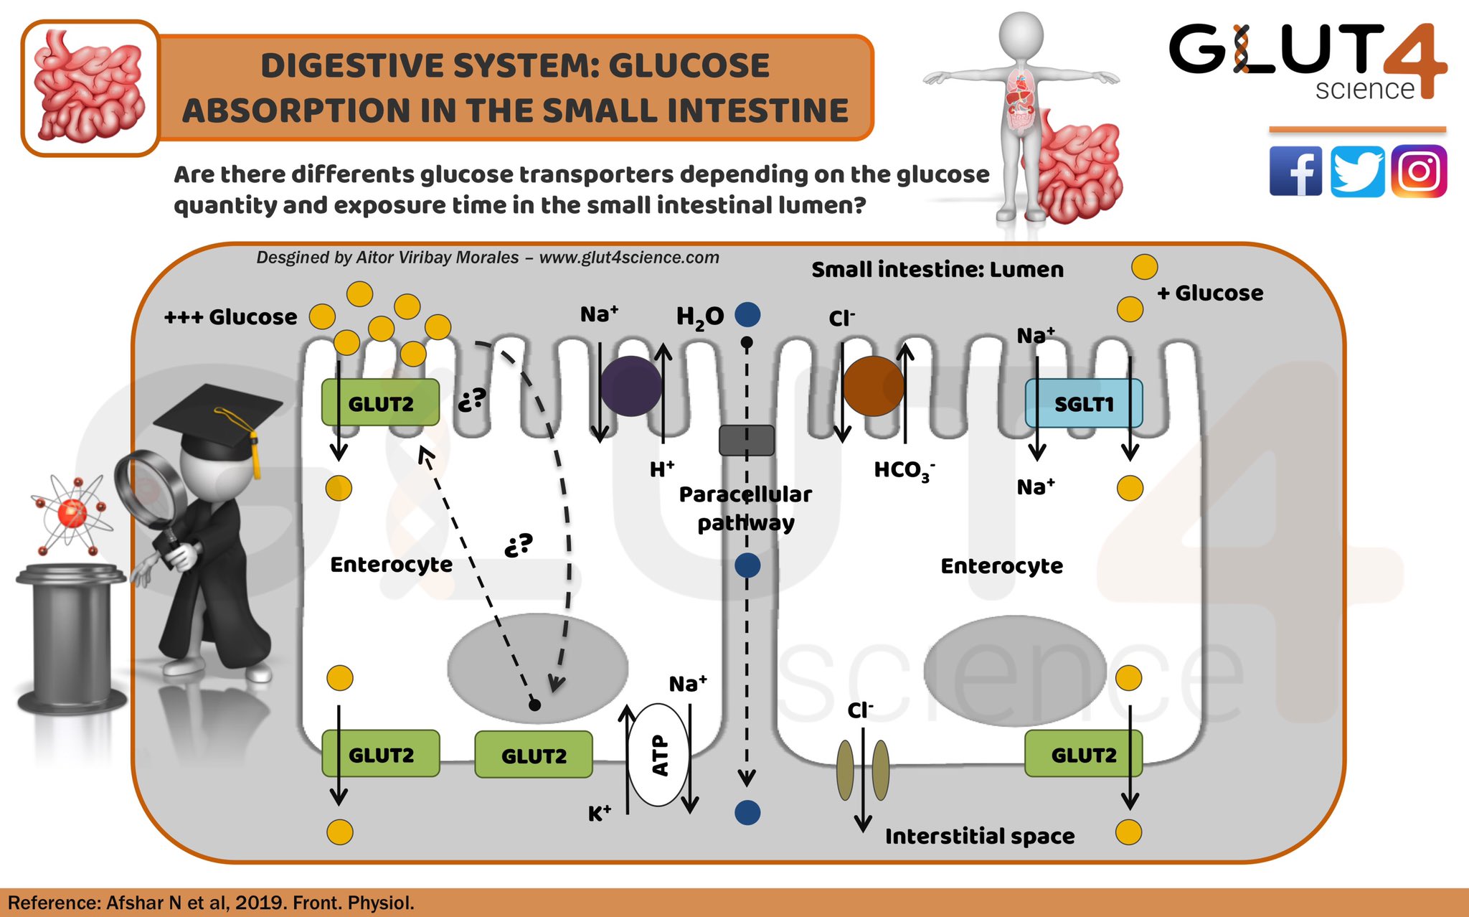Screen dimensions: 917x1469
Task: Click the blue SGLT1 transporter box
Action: [x=1083, y=403]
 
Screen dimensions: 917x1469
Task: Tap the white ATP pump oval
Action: [x=658, y=755]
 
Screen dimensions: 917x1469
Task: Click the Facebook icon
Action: [x=1295, y=171]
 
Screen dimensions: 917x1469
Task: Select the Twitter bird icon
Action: [x=1357, y=171]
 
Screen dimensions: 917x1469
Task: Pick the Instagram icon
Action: [x=1419, y=171]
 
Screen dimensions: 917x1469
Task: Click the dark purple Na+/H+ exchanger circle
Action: [x=630, y=386]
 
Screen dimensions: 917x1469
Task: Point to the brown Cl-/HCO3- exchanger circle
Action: [x=873, y=386]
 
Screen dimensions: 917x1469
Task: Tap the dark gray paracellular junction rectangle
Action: [x=747, y=440]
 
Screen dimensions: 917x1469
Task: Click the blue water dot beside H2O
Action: [x=747, y=314]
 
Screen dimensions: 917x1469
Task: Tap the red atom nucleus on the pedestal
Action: [x=72, y=513]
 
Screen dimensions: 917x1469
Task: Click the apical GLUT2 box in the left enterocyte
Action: [x=380, y=403]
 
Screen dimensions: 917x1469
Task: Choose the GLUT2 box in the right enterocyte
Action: [x=1083, y=754]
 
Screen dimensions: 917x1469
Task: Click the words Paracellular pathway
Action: [x=745, y=508]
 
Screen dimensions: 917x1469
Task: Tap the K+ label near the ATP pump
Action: [x=600, y=814]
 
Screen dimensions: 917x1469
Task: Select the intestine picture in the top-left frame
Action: [x=90, y=88]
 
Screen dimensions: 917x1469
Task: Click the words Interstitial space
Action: [x=980, y=836]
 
